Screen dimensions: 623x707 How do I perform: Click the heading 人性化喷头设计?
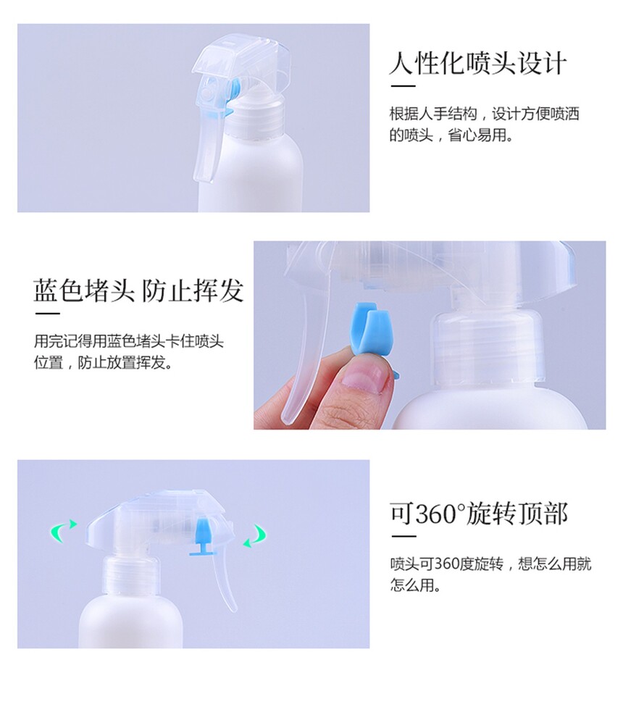(477, 63)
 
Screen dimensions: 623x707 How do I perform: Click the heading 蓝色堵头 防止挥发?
(139, 290)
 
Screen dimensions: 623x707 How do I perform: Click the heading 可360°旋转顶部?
(479, 514)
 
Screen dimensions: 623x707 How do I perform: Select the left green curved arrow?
(63, 530)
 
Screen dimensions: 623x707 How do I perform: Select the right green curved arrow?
(255, 535)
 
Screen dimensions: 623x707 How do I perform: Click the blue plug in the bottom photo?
(202, 537)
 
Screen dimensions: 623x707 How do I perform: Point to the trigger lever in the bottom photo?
(223, 582)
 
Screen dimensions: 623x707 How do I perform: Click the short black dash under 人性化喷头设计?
(403, 85)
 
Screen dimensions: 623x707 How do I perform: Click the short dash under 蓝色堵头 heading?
(47, 313)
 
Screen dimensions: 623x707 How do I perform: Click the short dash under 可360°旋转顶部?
(404, 536)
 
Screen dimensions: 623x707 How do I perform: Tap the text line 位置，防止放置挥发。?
(104, 362)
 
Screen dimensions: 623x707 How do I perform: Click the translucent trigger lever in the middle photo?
(303, 343)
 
